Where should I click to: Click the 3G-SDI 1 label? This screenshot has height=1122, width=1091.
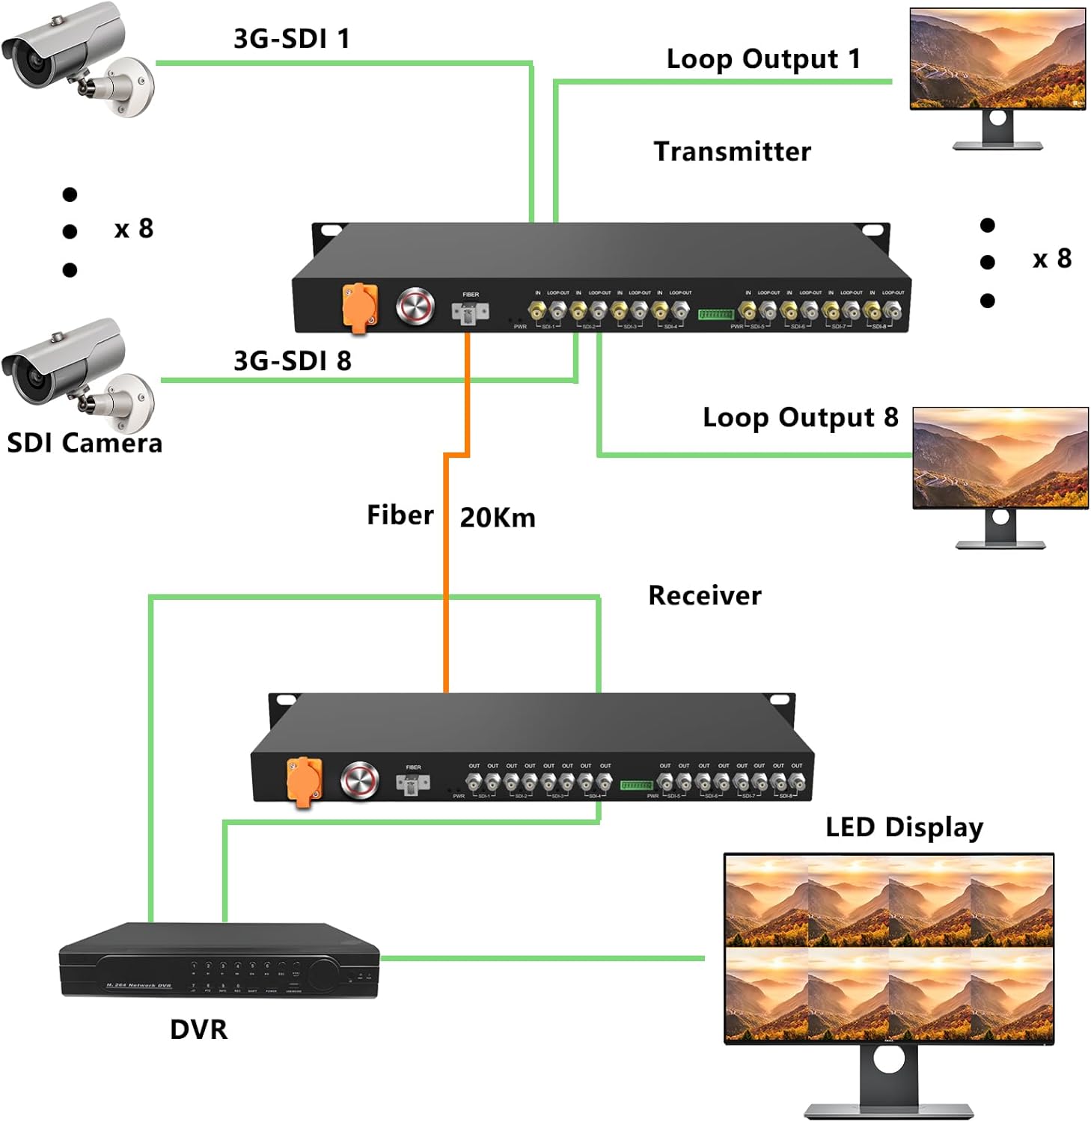click(291, 39)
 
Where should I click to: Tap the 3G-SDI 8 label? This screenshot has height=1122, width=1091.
click(292, 361)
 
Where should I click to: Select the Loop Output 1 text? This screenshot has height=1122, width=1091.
click(763, 59)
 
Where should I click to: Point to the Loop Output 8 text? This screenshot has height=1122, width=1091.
click(800, 417)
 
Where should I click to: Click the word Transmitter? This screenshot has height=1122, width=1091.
click(732, 152)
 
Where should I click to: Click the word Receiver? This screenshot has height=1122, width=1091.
click(704, 596)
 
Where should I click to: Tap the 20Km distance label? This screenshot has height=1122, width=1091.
click(498, 518)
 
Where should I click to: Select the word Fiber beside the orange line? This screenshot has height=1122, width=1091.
click(400, 515)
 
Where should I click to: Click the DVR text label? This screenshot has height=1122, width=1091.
click(198, 1030)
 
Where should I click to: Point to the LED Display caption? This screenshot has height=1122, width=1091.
click(904, 827)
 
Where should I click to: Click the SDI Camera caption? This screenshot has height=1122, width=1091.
click(85, 444)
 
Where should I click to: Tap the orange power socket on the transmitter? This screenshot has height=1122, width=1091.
click(360, 307)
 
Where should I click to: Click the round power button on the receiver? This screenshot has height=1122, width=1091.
click(360, 781)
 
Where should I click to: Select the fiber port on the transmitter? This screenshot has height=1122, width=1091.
click(469, 312)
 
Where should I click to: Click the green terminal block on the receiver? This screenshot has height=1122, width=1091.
click(637, 785)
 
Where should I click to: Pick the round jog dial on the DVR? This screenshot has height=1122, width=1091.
click(323, 973)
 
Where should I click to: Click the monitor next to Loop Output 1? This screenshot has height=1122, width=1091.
click(997, 61)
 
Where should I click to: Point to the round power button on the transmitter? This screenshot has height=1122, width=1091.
click(415, 306)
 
